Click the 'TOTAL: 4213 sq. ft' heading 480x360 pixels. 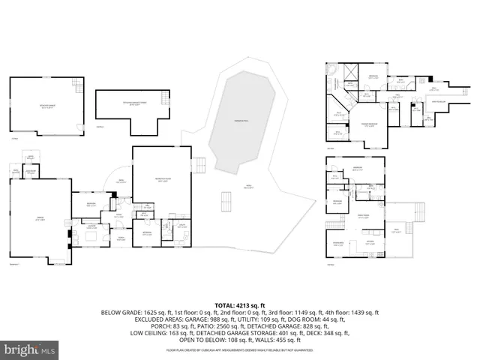point(239,305)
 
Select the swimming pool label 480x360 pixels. point(239,121)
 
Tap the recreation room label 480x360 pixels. point(161,181)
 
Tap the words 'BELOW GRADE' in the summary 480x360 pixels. point(120,313)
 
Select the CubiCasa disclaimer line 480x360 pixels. point(239,349)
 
